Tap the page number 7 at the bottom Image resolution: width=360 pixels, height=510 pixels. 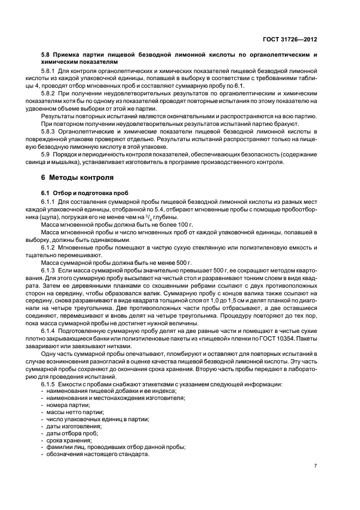(x=316, y=466)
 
